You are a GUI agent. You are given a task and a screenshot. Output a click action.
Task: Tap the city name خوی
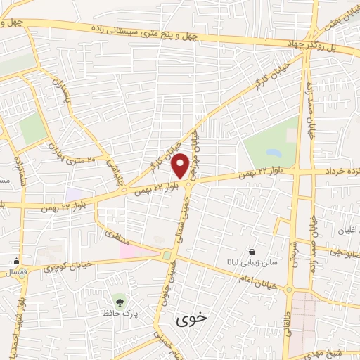(193, 318)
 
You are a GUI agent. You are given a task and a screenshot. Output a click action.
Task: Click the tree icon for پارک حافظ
(120, 301)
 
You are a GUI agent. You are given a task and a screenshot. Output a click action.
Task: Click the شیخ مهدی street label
(338, 354)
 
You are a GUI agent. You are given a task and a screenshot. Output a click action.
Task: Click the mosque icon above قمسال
(15, 261)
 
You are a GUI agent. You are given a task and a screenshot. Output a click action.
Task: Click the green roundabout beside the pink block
(167, 255)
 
